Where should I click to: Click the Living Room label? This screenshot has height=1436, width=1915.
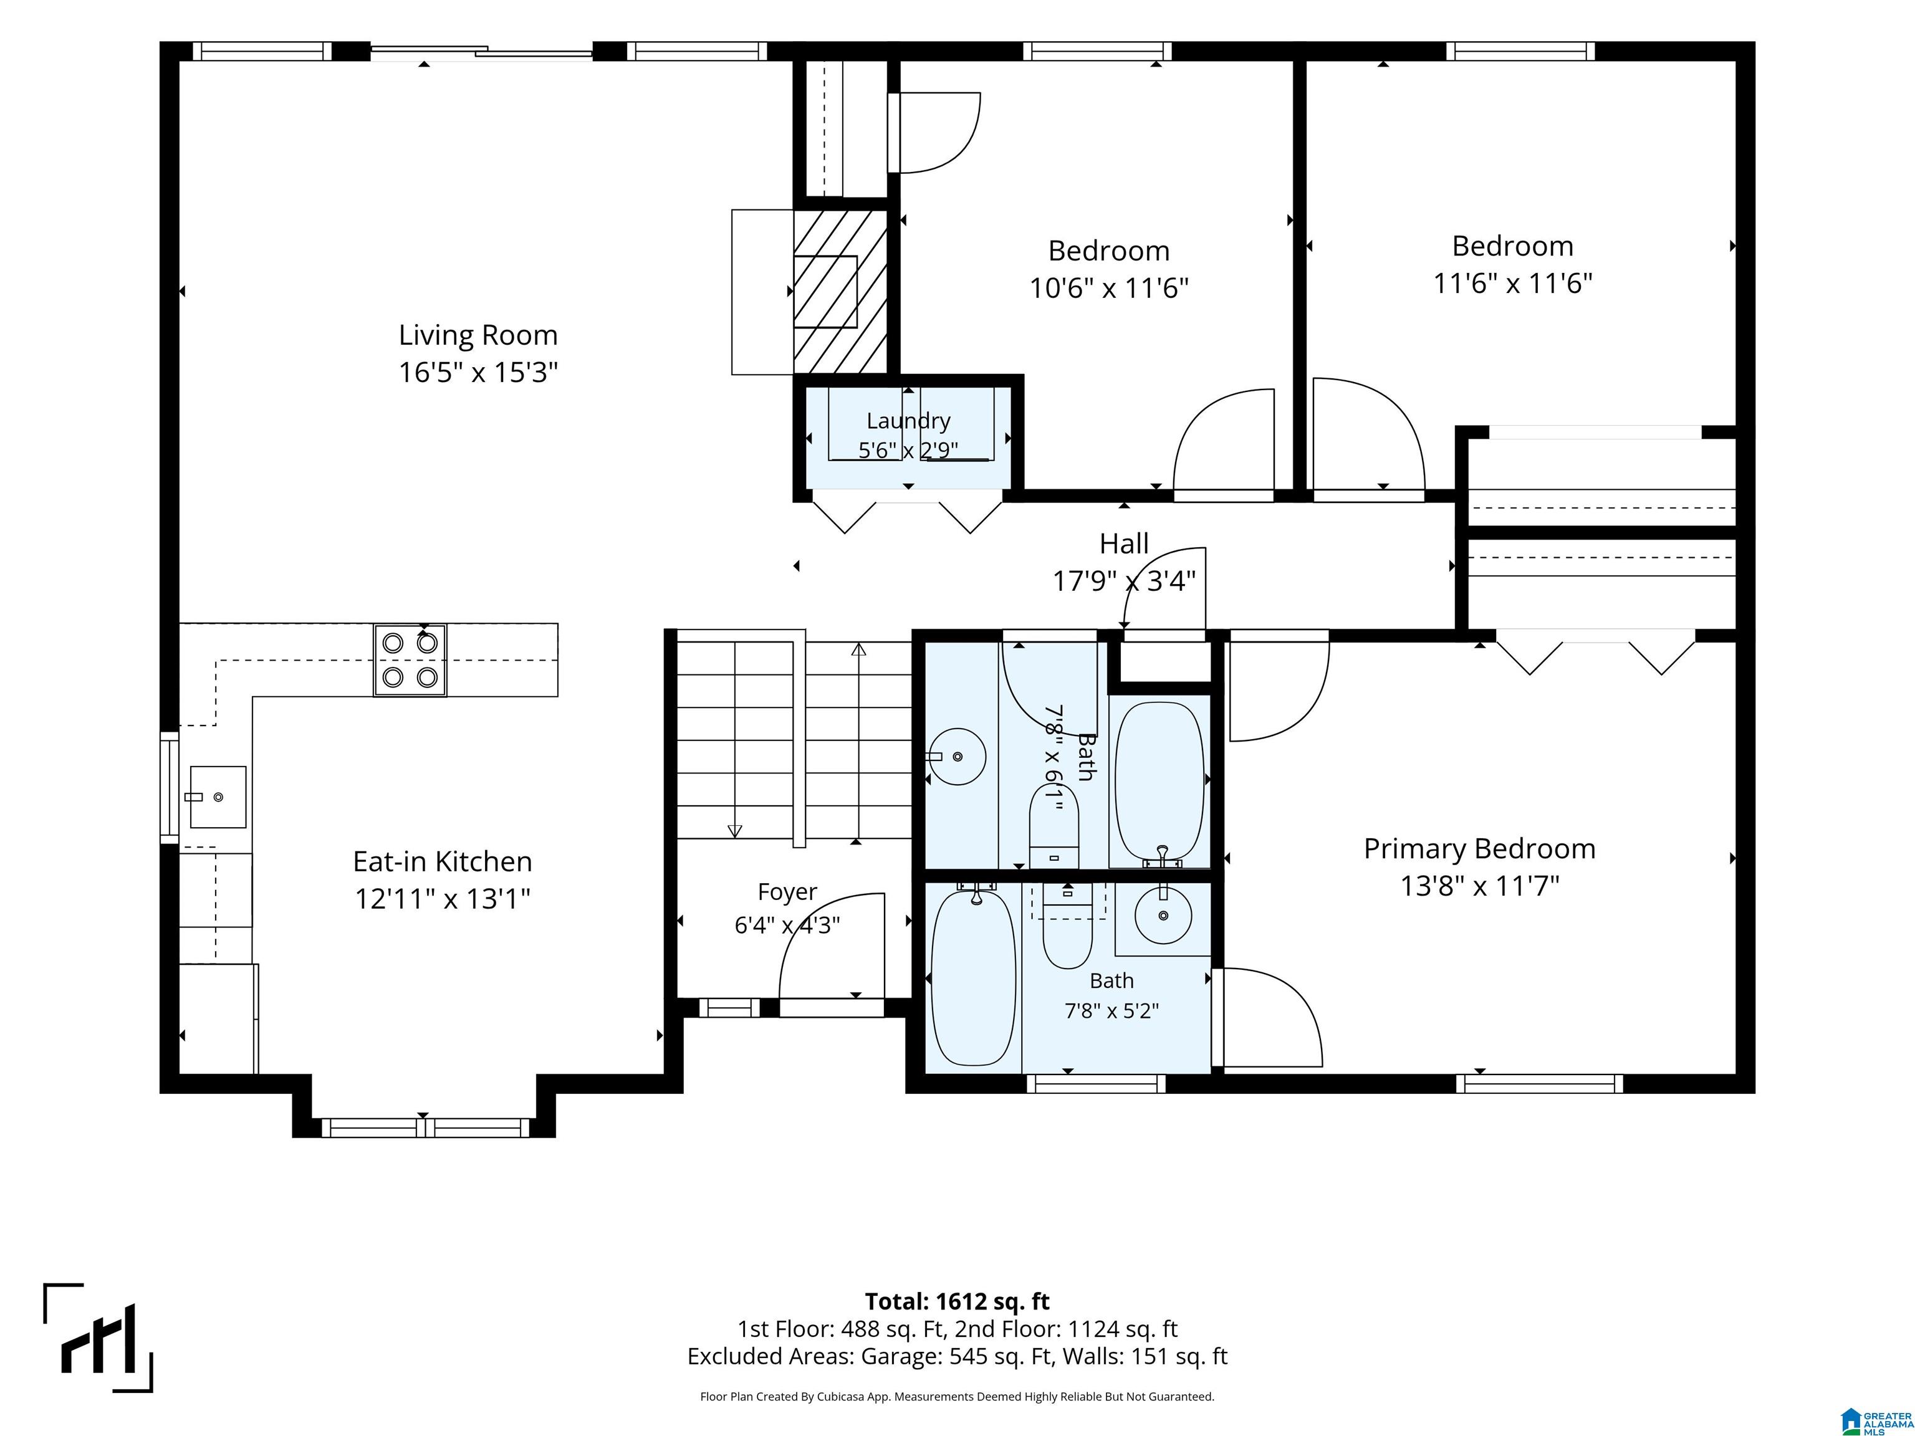point(478,335)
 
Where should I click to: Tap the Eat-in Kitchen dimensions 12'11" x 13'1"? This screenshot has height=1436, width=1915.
point(443,899)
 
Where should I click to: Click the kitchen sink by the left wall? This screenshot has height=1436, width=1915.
point(218,797)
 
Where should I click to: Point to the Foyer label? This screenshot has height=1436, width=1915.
point(787,891)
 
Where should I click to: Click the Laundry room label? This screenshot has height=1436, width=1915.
point(908,421)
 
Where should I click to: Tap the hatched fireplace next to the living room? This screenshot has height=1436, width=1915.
point(841,292)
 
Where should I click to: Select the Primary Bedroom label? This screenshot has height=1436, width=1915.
point(1479,848)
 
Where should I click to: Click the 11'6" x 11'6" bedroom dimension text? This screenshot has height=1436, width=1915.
point(1512,283)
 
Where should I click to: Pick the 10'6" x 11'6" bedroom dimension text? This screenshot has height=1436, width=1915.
point(1109,287)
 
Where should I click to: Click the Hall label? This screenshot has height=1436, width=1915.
point(1124,543)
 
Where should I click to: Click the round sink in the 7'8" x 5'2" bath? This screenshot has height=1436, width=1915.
point(1163,914)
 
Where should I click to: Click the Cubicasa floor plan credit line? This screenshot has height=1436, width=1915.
point(957,1396)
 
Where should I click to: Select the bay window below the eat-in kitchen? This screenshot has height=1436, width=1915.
point(425,1128)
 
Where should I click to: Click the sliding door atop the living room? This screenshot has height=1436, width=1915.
point(481,52)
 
